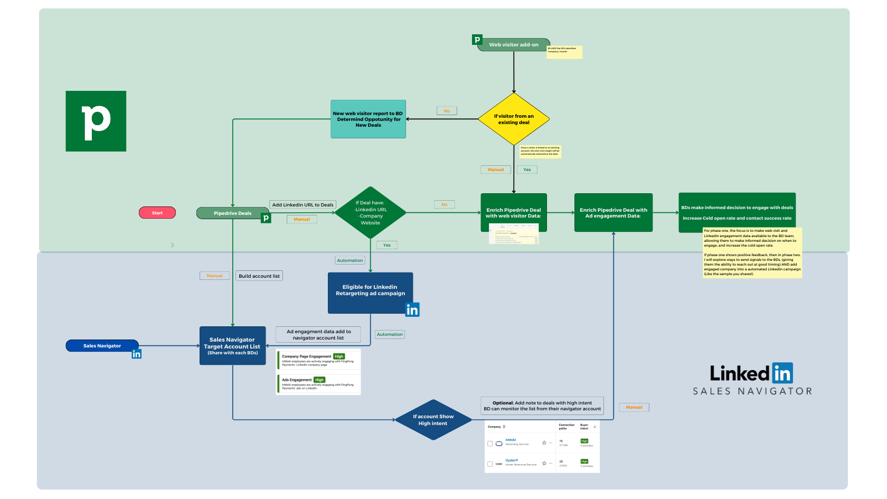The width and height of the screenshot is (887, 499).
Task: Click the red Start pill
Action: pos(157,213)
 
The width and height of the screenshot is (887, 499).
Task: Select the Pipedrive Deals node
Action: pos(232,213)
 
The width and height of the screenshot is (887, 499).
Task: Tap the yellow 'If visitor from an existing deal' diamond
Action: pos(514,119)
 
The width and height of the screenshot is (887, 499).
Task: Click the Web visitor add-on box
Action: pos(513,45)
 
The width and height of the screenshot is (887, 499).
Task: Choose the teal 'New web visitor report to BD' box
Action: pos(368,119)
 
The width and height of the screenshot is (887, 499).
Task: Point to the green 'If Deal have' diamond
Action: pos(370,213)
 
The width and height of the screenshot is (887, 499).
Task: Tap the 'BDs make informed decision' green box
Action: pos(737,212)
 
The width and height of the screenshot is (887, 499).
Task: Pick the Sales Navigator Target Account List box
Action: pos(232,346)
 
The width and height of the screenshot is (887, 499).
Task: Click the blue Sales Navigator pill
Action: pos(102,346)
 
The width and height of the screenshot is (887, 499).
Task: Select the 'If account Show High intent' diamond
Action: pos(433,420)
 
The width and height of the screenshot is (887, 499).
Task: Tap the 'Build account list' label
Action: pos(259,276)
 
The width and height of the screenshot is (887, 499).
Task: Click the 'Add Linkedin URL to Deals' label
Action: pos(303,205)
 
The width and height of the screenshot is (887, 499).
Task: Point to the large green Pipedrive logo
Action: pos(96,121)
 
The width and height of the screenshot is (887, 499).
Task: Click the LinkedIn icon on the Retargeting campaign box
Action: pos(412,310)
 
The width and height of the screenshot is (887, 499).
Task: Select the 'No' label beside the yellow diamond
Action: pos(447,111)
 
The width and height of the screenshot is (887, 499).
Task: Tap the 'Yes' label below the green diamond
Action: pos(386,245)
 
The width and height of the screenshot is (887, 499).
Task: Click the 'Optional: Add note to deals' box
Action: pos(542,406)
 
